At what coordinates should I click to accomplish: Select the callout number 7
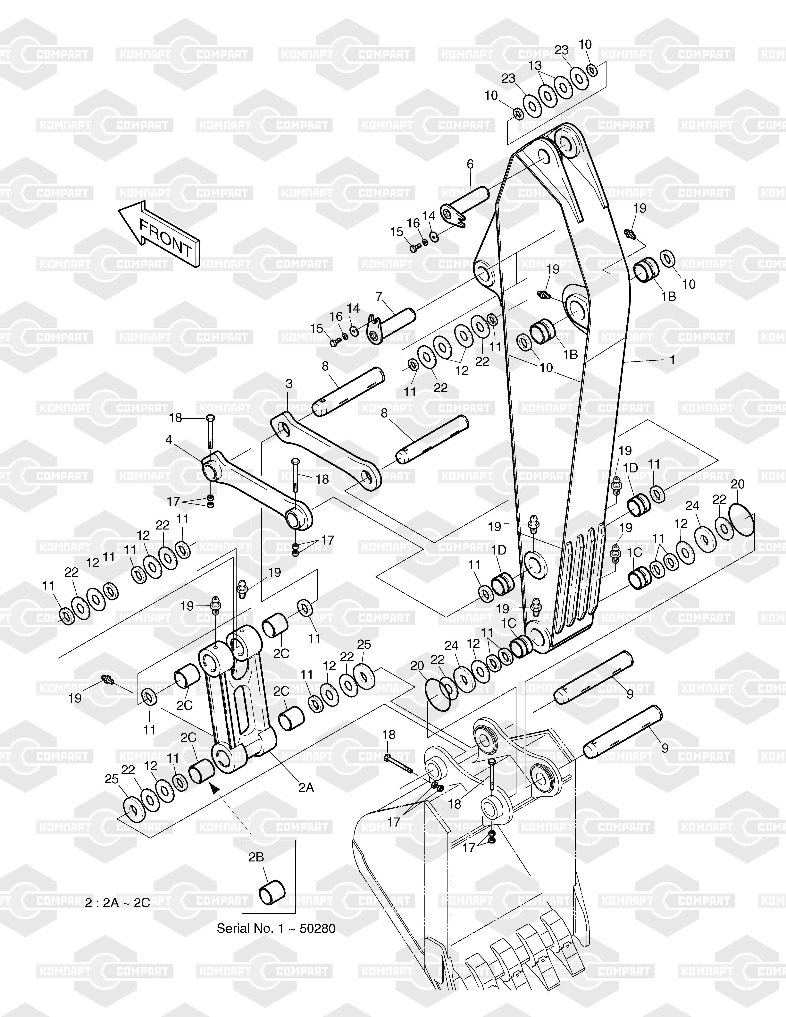click(x=379, y=296)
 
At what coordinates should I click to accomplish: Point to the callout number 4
click(x=169, y=440)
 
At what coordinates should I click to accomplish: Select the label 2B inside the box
click(x=256, y=857)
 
